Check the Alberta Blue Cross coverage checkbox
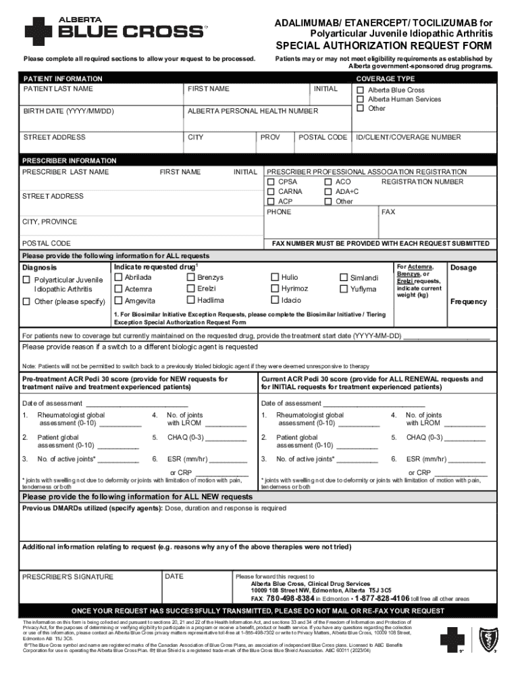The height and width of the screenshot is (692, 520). point(361,90)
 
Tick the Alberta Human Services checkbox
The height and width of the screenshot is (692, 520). point(361,99)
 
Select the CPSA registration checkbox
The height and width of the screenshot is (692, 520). point(271,182)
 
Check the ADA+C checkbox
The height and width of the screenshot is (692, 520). point(328,192)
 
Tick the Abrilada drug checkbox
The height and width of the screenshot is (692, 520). point(118,277)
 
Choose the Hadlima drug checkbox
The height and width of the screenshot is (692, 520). point(190,300)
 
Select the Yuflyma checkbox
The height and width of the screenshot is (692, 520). point(344,289)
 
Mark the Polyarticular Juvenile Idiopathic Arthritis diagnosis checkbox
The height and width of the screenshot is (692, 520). point(26,280)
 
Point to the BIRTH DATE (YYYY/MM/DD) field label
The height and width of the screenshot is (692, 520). point(68,111)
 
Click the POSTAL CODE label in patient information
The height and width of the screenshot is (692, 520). point(322,137)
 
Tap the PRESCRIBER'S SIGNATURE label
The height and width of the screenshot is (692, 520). point(68,577)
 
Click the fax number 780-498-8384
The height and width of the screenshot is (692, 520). point(290,599)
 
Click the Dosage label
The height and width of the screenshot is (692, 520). point(463,268)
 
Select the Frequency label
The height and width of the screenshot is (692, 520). point(468,301)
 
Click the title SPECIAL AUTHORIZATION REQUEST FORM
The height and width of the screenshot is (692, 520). point(383,46)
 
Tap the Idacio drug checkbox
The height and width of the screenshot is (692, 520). point(275,300)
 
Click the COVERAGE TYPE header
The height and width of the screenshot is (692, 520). point(386,79)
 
